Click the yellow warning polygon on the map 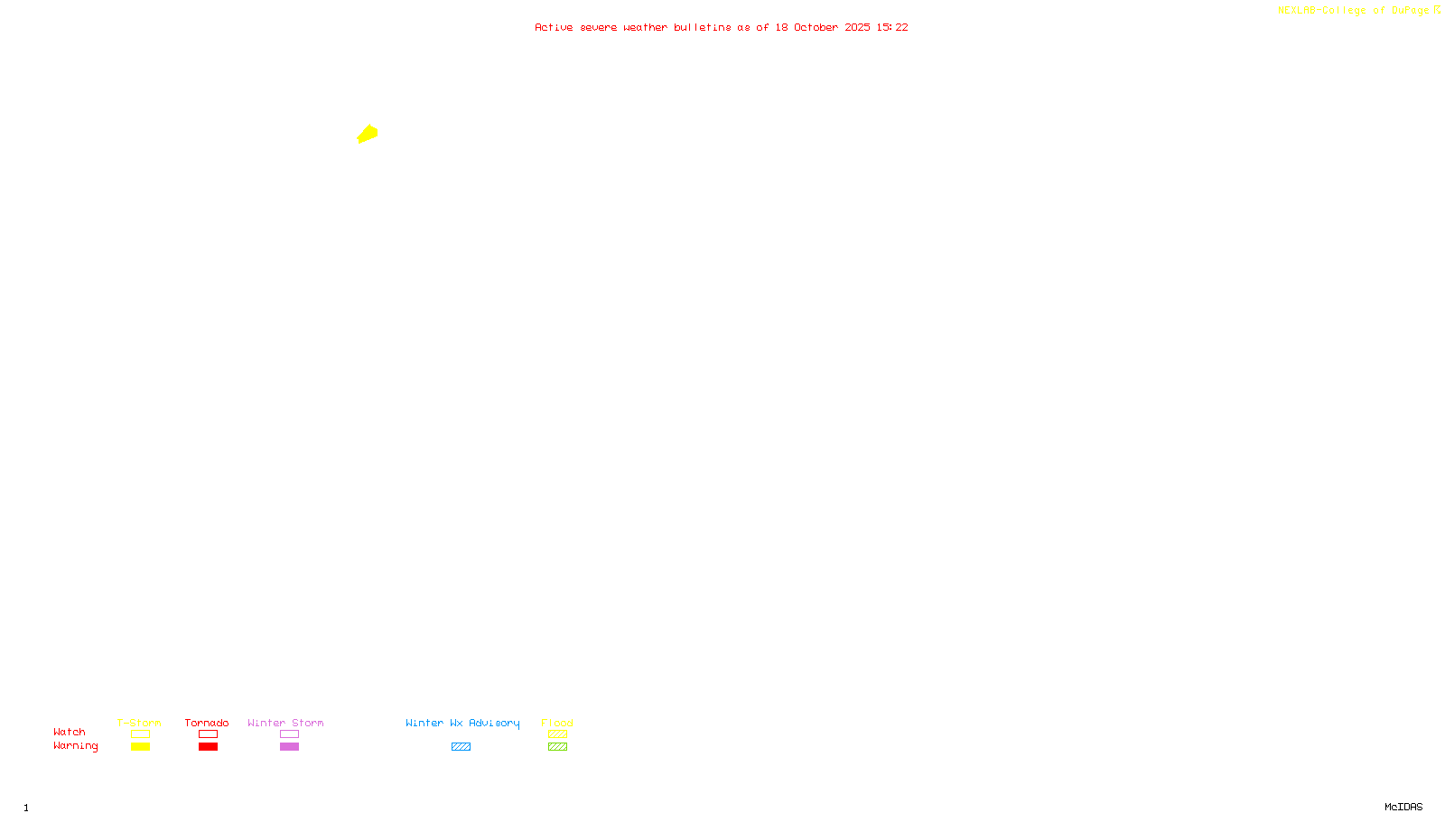368,135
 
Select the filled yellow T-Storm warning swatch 140,747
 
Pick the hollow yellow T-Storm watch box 140,734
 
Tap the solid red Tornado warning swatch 208,747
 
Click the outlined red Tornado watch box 208,734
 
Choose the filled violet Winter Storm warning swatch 289,747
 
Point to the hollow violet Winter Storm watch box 289,734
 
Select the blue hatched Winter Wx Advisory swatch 461,747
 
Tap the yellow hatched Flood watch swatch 557,734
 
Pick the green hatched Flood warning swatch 557,747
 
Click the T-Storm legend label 139,723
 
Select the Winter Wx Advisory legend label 462,723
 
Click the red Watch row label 70,732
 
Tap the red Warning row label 76,746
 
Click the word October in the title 816,27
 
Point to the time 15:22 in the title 892,27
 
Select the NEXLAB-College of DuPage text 1353,10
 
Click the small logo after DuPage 1437,10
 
